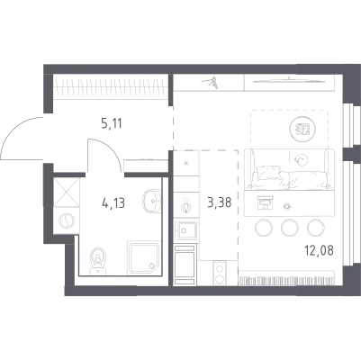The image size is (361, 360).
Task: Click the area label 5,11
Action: point(112,123)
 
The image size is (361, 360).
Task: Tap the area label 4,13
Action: point(113,203)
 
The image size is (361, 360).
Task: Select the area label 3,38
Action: point(220,202)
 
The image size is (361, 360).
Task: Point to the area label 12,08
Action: point(319,250)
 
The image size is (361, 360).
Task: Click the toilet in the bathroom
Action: point(98,261)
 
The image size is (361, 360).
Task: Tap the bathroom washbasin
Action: point(152,201)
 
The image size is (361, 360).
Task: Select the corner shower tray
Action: point(143,257)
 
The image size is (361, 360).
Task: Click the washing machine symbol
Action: point(67,220)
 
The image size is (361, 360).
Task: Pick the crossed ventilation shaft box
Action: point(67,193)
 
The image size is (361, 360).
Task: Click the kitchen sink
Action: point(186,230)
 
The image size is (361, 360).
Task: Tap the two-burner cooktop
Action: point(220,273)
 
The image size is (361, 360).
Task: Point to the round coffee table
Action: point(302,129)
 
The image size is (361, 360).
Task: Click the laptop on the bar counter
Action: point(265,202)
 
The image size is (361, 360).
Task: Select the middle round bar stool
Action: point(290,228)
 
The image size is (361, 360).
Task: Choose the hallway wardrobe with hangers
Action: point(111,86)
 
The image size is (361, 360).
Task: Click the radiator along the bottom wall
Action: point(286,280)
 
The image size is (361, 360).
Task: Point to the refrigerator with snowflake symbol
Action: point(186,163)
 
